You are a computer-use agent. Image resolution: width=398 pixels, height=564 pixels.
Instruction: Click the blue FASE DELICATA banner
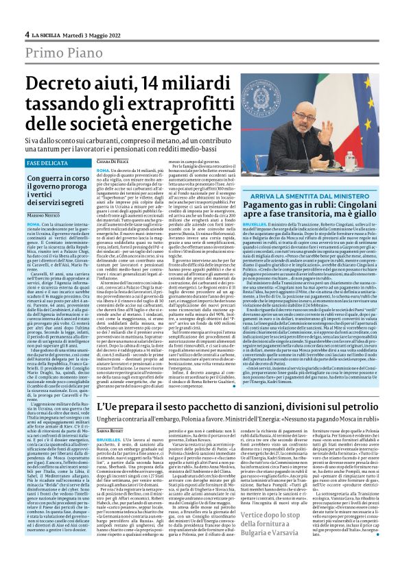point(46,164)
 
